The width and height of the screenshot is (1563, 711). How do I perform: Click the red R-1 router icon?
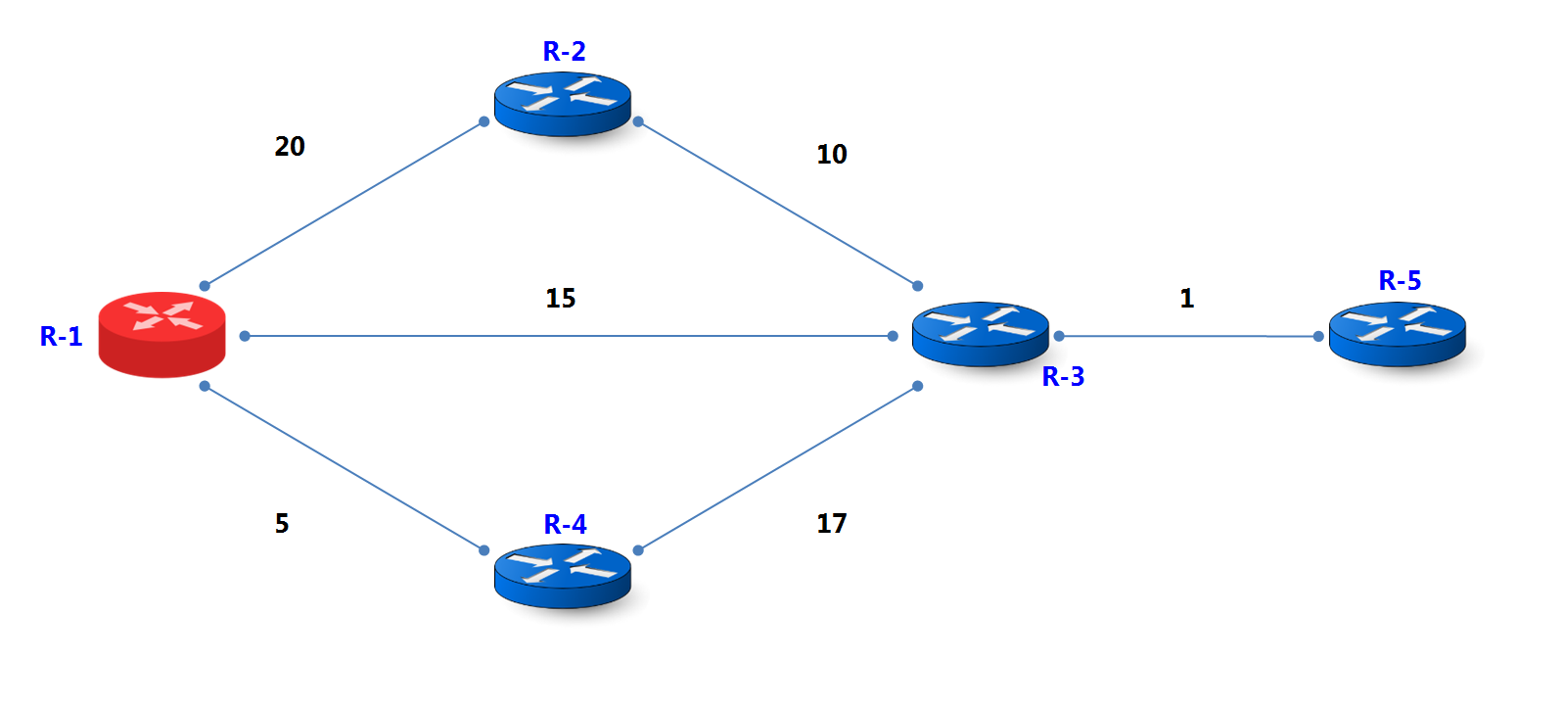[x=161, y=334]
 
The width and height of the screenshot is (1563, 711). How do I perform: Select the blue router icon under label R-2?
[x=562, y=103]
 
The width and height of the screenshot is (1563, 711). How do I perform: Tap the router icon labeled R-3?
[x=980, y=334]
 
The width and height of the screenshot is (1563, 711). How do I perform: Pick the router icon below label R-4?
[x=562, y=576]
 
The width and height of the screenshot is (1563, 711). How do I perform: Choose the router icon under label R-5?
[x=1397, y=335]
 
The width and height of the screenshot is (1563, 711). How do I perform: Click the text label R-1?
[x=61, y=337]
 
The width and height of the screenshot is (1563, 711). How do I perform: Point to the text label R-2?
[x=564, y=51]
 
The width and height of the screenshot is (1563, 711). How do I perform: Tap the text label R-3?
[x=1063, y=377]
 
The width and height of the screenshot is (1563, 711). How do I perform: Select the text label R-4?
[x=565, y=525]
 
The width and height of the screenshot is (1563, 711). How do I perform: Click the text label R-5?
[x=1400, y=281]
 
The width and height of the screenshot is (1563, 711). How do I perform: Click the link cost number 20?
[x=290, y=147]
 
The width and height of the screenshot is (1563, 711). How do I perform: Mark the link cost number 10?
[x=832, y=155]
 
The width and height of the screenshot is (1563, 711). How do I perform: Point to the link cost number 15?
[x=561, y=299]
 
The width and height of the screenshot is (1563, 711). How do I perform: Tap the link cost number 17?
[x=832, y=524]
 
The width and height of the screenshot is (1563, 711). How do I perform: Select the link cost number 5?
[x=282, y=524]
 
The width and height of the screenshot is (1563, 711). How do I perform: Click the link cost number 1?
[x=1187, y=299]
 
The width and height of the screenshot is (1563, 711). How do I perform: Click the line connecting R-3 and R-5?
[x=1189, y=336]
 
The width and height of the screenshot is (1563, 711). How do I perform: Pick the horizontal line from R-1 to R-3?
[x=568, y=336]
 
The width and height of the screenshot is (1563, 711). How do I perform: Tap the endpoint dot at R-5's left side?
[x=1318, y=336]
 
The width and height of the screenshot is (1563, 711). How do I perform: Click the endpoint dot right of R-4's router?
[x=638, y=550]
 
